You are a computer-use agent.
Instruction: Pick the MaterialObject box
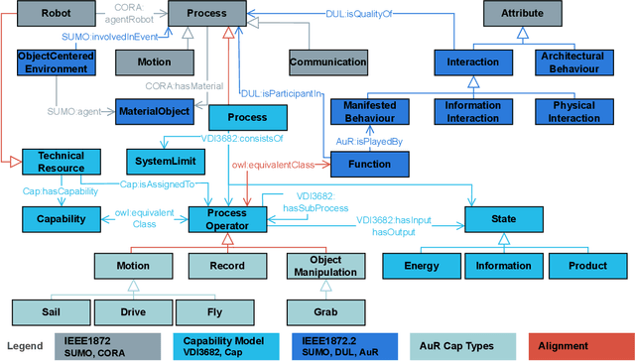(153, 111)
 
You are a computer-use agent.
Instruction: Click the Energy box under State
(421, 266)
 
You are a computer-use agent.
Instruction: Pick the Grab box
(326, 312)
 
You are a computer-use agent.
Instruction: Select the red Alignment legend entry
(578, 345)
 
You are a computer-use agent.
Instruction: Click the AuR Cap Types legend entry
(460, 345)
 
